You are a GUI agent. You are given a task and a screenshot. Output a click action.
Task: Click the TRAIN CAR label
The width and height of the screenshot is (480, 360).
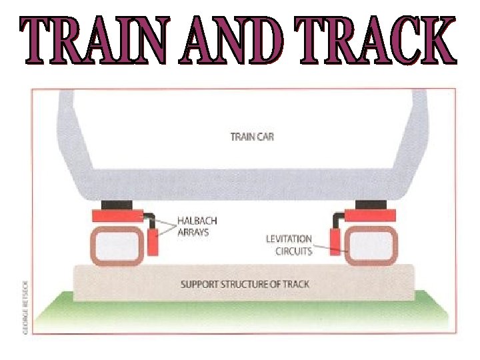pyautogui.click(x=252, y=137)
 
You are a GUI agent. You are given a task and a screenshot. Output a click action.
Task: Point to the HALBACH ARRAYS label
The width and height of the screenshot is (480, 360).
pyautogui.click(x=197, y=226)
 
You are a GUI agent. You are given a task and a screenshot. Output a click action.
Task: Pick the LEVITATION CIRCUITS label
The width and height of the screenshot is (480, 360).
pyautogui.click(x=289, y=245)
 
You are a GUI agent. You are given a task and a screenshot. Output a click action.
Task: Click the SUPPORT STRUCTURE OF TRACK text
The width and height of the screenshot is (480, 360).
pyautogui.click(x=245, y=285)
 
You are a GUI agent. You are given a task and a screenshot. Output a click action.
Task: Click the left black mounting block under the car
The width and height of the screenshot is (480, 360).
pyautogui.click(x=117, y=204)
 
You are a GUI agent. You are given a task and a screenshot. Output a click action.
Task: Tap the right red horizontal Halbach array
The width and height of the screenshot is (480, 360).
pyautogui.click(x=371, y=215)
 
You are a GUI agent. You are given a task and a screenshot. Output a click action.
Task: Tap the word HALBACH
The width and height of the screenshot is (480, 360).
pyautogui.click(x=197, y=221)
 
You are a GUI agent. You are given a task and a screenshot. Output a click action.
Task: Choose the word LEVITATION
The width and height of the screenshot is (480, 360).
pyautogui.click(x=289, y=239)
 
